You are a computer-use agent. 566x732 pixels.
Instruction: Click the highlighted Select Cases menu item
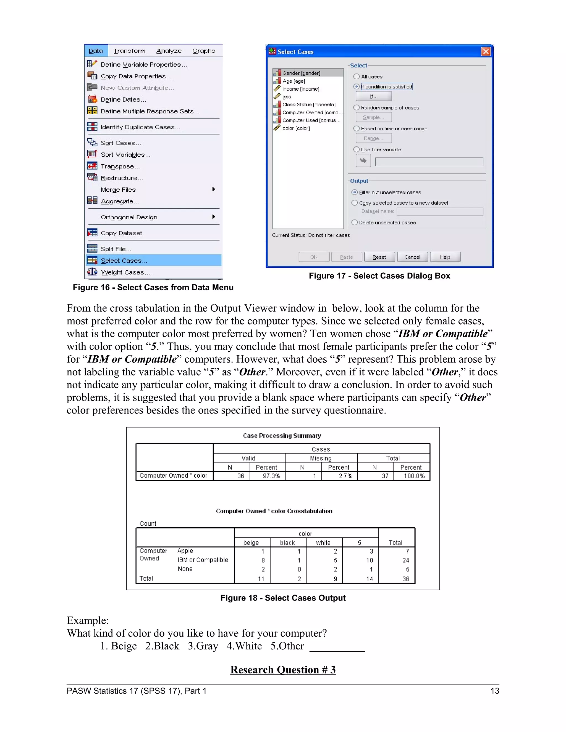(124, 260)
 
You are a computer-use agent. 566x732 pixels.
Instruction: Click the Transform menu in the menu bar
(129, 51)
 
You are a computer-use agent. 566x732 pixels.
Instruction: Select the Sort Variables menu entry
(125, 154)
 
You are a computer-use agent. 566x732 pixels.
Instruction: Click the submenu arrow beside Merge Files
(214, 189)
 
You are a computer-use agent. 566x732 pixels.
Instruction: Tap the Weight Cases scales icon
(92, 272)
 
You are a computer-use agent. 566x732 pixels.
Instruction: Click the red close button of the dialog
(486, 52)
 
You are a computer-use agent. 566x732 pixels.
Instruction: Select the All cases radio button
(357, 77)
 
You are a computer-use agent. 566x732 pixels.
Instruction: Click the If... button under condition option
(374, 96)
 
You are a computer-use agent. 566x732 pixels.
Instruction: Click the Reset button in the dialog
(379, 257)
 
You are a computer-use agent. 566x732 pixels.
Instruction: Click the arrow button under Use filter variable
(363, 161)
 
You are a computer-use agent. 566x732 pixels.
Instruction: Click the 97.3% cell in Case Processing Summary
(271, 476)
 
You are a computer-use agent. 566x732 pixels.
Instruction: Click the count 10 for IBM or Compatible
(370, 560)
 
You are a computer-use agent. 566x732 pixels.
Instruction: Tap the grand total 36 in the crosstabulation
(406, 579)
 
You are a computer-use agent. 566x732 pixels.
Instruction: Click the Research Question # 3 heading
(283, 670)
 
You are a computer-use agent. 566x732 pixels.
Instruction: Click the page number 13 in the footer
(495, 691)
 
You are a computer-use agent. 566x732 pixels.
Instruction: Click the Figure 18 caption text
(283, 598)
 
